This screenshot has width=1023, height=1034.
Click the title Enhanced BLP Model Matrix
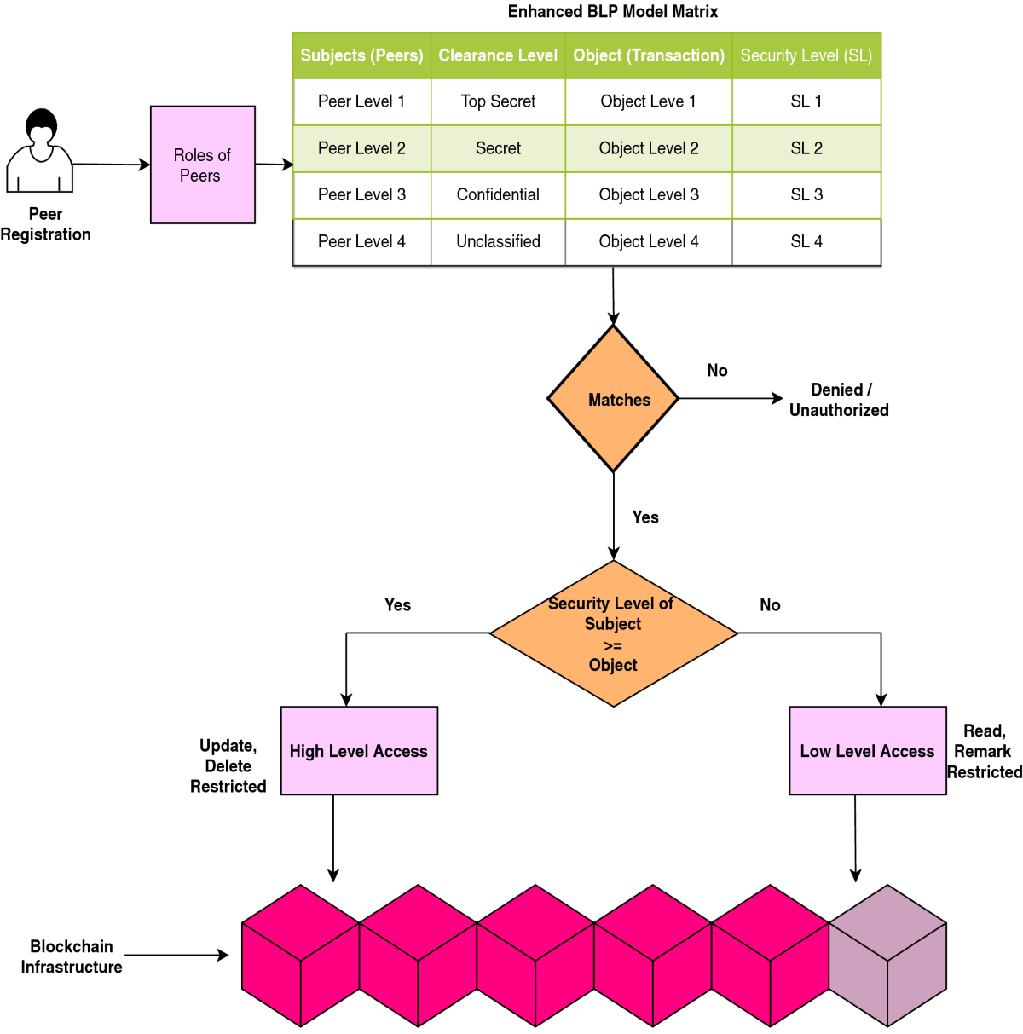coord(612,12)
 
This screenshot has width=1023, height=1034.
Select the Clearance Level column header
coord(498,56)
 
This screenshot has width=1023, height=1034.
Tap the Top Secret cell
coord(498,101)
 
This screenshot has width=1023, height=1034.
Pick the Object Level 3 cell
coord(649,195)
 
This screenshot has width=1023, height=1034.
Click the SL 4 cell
coord(806,242)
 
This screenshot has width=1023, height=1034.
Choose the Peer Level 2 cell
coord(361,148)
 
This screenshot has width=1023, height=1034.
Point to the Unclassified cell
coord(498,242)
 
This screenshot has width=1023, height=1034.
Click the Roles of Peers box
coord(202,165)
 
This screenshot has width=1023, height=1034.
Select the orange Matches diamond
coord(613,399)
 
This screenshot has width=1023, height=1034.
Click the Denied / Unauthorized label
coord(839,400)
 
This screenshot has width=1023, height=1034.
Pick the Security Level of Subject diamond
coord(613,633)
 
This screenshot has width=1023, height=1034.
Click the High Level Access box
coord(359,751)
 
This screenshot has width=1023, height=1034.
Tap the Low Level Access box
coord(867,751)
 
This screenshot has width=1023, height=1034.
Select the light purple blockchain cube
coord(887,955)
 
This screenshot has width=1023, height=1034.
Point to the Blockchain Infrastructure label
coord(72,956)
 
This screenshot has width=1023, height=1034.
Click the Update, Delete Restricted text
coord(228,766)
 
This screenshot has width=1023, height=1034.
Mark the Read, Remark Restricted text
coord(984,752)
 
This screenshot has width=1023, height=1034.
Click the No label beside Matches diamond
coord(717,371)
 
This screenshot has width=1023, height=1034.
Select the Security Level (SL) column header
coord(806,56)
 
